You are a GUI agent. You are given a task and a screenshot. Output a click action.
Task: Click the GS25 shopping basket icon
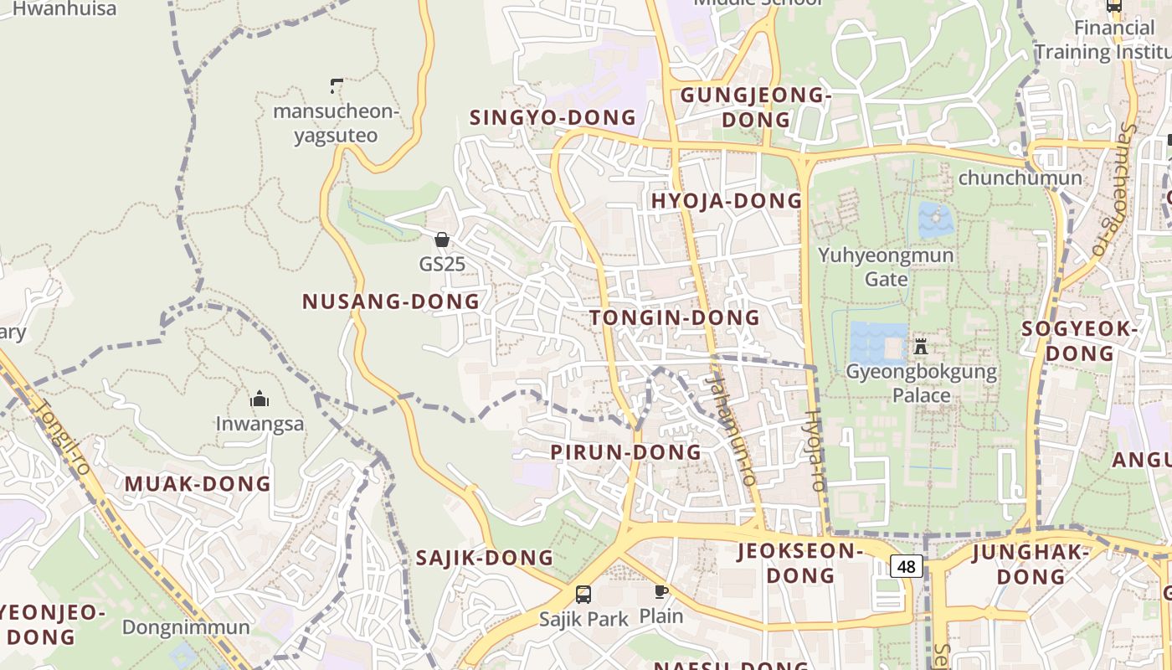coord(442,240)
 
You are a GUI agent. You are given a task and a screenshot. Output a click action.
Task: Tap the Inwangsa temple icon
coord(260,399)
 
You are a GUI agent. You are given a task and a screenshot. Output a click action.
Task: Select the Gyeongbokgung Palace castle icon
coord(921,345)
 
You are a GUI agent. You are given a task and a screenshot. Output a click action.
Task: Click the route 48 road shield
coord(907,567)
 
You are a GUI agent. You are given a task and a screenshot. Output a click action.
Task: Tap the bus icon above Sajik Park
coord(583,595)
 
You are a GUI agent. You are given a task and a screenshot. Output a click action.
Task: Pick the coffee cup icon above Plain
coord(661,592)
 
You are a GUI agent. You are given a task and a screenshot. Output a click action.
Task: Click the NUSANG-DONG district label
coord(391,301)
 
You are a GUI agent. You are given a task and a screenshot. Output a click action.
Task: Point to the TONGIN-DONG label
coord(675,318)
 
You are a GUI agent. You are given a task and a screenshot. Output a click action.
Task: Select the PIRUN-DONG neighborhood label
coord(625,452)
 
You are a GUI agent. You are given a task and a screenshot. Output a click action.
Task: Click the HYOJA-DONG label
coord(727,201)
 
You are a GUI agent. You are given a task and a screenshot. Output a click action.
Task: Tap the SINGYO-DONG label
coord(553,118)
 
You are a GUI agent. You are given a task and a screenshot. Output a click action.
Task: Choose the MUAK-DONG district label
coord(198,484)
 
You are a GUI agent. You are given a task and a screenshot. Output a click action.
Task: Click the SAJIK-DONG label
coord(485,558)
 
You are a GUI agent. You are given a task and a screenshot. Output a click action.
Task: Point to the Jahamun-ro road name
coord(731,429)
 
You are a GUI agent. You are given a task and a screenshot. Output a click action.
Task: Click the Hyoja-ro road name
coord(816,451)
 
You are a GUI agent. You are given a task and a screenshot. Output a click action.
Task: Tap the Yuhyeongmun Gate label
coord(886,266)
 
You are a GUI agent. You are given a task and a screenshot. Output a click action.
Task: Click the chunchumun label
coord(1020,178)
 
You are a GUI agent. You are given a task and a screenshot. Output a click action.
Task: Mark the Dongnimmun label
coord(186,627)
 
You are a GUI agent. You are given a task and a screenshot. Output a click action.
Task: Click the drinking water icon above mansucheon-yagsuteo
coord(336,85)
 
